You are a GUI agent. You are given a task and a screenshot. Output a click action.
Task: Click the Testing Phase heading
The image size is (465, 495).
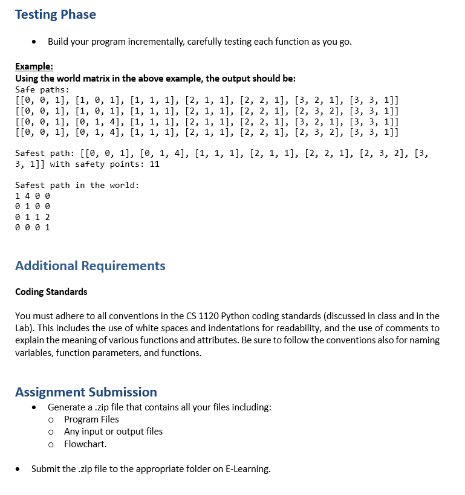click(55, 15)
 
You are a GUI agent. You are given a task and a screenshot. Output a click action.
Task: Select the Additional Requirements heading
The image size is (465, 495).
click(90, 266)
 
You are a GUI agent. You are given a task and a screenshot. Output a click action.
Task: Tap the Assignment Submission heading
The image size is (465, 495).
click(86, 392)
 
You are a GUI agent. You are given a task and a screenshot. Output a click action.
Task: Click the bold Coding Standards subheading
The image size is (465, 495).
click(51, 292)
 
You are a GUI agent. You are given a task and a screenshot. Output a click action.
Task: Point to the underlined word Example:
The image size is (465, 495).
click(34, 66)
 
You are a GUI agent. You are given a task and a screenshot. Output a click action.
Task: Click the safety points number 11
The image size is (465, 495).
click(154, 164)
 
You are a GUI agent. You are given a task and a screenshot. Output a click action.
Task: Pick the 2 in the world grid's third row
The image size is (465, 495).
click(48, 217)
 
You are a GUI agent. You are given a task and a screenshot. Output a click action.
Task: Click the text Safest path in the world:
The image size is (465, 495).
click(77, 185)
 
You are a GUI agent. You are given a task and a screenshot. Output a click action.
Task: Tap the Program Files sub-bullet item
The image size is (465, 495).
click(91, 419)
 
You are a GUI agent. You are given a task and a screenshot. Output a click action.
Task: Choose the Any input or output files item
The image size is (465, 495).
click(113, 432)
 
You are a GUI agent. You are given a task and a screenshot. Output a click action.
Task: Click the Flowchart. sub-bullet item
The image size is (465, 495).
click(85, 444)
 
